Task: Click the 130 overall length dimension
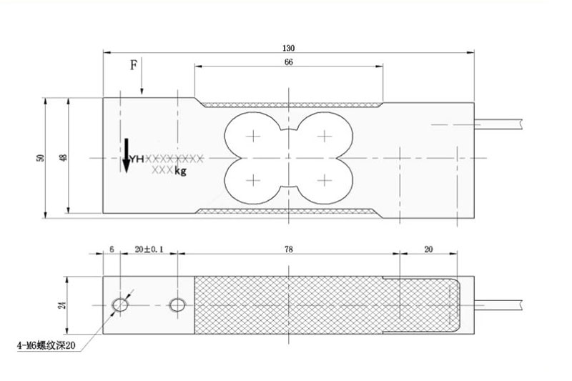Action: (x=288, y=48)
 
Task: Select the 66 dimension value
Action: (x=289, y=62)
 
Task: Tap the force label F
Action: (x=134, y=65)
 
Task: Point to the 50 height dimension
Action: (x=40, y=158)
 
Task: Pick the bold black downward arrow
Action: (x=127, y=156)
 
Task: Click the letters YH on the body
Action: (x=137, y=159)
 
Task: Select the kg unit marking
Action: (x=180, y=171)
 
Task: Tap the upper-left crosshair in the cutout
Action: (x=253, y=137)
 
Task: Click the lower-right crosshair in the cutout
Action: (x=325, y=180)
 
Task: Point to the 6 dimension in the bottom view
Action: (x=112, y=249)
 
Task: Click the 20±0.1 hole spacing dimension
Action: (x=149, y=249)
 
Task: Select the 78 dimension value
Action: (x=289, y=249)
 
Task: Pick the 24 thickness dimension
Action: (x=62, y=305)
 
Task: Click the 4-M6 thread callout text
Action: (x=46, y=345)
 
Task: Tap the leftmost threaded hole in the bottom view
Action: (x=119, y=305)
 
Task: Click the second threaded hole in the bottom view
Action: (x=177, y=305)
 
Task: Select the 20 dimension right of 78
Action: (x=428, y=249)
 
